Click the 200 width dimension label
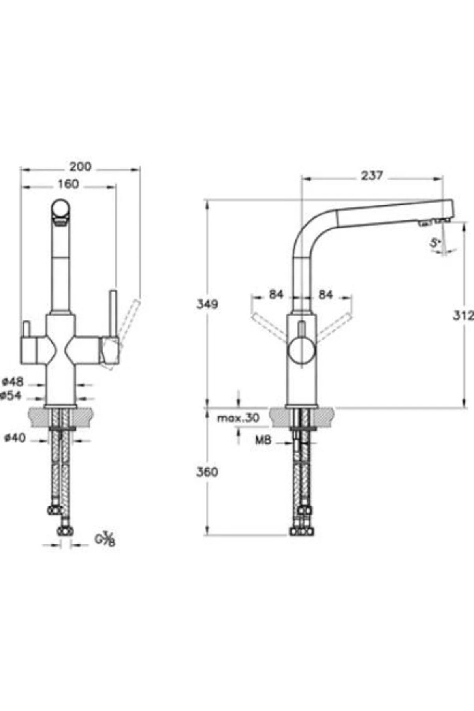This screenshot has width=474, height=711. tap(80, 167)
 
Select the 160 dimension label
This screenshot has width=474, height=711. tap(68, 184)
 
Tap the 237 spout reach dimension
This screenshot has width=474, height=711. tap(372, 175)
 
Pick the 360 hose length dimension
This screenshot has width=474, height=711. tap(207, 472)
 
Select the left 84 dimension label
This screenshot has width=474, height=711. tap(276, 294)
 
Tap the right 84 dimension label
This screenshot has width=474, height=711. tap(325, 294)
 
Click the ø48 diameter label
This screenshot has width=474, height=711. tap(13, 382)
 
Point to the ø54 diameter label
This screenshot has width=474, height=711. tap(12, 395)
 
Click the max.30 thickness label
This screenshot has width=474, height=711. tap(238, 418)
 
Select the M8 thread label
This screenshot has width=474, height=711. tap(263, 440)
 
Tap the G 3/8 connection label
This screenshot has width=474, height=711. tap(105, 540)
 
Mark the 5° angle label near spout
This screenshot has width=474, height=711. tap(435, 243)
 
